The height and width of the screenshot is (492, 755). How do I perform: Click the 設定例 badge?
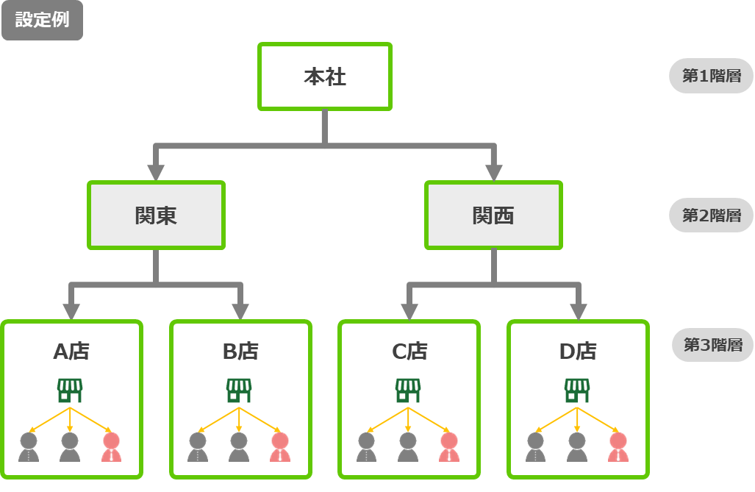click(42, 21)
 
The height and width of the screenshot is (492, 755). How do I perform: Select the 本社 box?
click(324, 76)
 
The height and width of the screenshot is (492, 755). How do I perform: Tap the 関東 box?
click(156, 215)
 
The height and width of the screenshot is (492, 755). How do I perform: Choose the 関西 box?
click(493, 215)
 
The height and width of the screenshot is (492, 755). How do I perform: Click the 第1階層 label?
click(711, 76)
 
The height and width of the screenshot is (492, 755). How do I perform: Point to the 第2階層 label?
click(711, 215)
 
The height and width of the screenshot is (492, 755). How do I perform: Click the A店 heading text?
click(71, 352)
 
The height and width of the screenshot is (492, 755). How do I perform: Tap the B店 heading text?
click(240, 352)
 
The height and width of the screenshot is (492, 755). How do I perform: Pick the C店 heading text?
click(409, 352)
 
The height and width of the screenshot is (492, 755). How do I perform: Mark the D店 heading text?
click(578, 352)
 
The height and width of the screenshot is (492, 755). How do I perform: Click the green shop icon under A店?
click(70, 390)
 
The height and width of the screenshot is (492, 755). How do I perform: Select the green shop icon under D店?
click(577, 390)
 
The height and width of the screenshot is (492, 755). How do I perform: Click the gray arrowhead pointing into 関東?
click(156, 172)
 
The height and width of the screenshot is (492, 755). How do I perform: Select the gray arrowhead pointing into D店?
click(578, 311)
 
